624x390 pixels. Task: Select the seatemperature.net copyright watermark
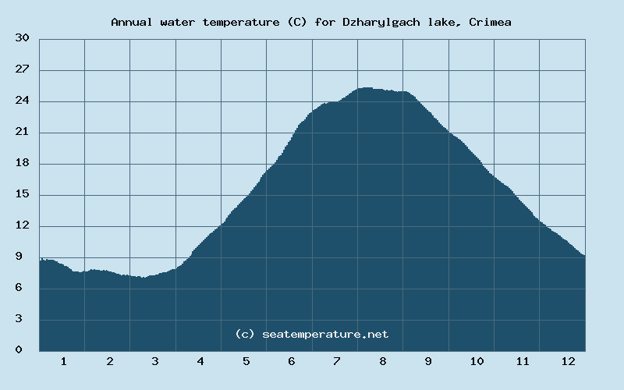(x=312, y=334)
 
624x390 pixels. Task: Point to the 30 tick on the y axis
(x=23, y=38)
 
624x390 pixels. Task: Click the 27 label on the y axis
(x=23, y=69)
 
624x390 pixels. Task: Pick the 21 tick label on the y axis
(x=23, y=132)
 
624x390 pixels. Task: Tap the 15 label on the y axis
(x=23, y=194)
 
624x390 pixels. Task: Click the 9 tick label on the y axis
(x=26, y=257)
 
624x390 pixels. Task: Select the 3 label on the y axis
(x=26, y=319)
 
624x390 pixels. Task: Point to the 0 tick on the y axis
(x=26, y=350)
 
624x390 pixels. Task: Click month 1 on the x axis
(x=63, y=361)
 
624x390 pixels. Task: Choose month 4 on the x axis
(x=200, y=361)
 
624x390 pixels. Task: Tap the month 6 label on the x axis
(x=291, y=361)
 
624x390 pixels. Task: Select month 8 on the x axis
(x=383, y=361)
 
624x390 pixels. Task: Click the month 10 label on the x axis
(x=477, y=361)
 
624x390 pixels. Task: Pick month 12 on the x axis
(x=568, y=361)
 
